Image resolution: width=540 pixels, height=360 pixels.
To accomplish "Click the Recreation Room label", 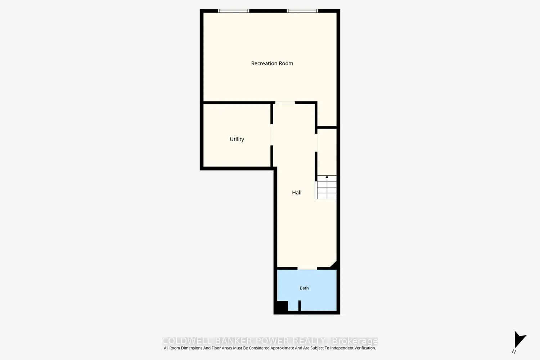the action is click(x=272, y=63).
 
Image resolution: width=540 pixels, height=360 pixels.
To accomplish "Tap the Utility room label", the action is click(x=237, y=139).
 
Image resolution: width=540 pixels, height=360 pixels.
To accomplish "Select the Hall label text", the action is click(x=297, y=192).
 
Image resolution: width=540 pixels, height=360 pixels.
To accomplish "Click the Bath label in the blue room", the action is click(x=304, y=288).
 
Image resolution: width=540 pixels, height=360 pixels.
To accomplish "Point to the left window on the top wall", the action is click(x=233, y=11).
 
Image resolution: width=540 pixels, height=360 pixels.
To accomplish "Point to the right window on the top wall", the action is click(x=302, y=11).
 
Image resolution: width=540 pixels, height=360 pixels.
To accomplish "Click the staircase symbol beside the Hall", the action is click(x=326, y=187).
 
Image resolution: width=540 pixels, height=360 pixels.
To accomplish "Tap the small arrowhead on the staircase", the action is click(x=327, y=177).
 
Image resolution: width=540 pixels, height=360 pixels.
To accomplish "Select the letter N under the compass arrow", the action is click(x=514, y=352).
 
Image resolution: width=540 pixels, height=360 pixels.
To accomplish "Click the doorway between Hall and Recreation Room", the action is click(x=285, y=103).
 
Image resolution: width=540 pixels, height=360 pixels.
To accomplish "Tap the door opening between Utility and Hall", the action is click(x=272, y=135).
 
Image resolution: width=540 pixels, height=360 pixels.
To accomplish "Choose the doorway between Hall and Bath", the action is click(x=307, y=268).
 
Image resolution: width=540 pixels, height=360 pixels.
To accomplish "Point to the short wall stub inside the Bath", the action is click(x=300, y=306).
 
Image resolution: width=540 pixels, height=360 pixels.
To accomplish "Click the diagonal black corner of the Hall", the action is click(x=334, y=264).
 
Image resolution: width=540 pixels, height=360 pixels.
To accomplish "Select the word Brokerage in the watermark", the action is click(x=355, y=341).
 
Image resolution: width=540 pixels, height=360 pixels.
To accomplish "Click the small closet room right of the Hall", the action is click(x=327, y=152).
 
